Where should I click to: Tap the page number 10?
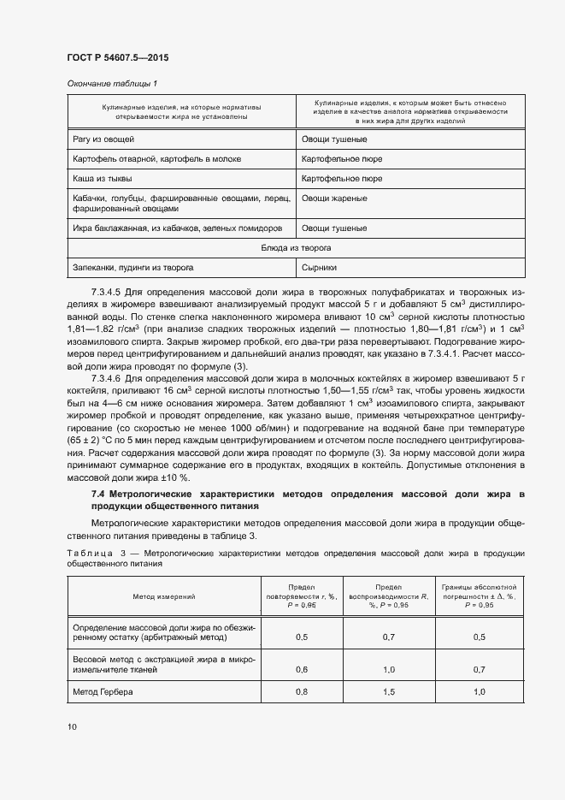(x=72, y=726)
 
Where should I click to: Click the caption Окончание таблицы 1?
(x=112, y=83)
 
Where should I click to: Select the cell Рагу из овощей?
(x=100, y=138)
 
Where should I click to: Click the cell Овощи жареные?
(x=334, y=199)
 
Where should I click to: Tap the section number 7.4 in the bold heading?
(x=98, y=495)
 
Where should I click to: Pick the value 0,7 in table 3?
(x=389, y=637)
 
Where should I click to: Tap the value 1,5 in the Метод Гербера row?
(x=389, y=690)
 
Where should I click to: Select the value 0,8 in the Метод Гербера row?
(x=302, y=690)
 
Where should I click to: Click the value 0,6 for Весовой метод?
(x=302, y=668)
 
